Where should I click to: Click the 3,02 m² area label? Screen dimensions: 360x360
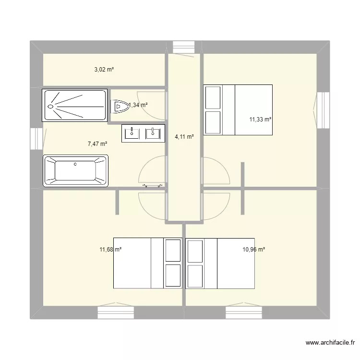[x=104, y=70]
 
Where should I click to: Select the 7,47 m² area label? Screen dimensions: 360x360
[x=97, y=144]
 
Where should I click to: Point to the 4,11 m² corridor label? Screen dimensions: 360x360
[x=184, y=137]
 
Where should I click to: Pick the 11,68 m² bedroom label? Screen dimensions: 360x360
[x=110, y=250]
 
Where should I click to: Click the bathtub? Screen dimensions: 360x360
[x=75, y=170]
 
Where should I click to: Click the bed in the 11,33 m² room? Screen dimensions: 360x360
[x=238, y=110]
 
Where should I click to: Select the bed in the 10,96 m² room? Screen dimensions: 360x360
[x=220, y=263]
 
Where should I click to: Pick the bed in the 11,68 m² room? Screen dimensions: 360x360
[x=147, y=263]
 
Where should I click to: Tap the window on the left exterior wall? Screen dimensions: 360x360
[x=36, y=139]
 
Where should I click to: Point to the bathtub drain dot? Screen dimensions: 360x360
[x=75, y=164]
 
